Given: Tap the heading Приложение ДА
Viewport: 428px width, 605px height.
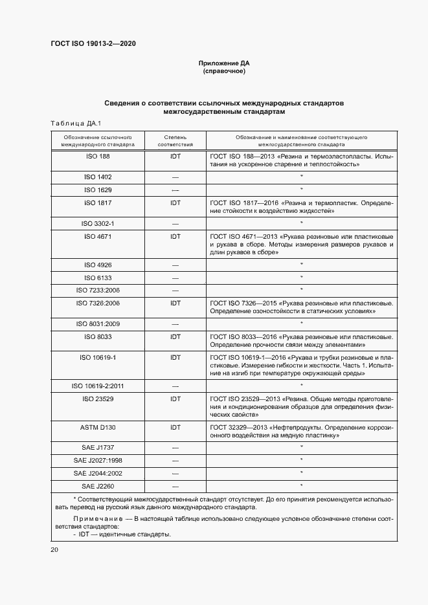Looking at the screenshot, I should point(224,63).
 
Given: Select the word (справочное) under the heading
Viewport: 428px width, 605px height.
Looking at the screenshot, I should point(224,71).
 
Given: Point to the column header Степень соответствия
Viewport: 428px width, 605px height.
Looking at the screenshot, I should point(175,142).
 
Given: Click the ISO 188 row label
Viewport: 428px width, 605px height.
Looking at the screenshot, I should point(98,157).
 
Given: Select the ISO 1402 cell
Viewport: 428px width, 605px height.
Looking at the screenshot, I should point(98,177).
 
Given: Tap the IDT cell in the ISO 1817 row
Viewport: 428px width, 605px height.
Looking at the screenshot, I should point(175,203).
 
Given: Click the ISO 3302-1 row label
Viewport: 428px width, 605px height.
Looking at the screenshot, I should point(98,223).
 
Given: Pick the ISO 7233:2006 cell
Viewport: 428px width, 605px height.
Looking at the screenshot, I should point(98,289).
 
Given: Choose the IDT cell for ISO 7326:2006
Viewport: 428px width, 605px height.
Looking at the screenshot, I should point(175,303).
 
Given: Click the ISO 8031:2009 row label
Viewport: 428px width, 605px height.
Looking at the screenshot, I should point(98,324).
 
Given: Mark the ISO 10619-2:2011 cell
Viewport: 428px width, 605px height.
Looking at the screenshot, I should point(98,386).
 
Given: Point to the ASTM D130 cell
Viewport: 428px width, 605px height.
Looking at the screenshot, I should point(98,427).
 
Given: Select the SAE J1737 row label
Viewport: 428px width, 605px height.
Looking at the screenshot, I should point(98,447).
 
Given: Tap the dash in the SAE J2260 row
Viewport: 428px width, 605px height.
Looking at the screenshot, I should point(175,485).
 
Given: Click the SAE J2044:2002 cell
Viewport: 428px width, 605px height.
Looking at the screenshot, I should point(98,473).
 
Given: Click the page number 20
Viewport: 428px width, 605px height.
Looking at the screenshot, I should point(54,549).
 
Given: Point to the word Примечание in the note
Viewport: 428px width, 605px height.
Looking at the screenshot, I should point(98,520).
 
